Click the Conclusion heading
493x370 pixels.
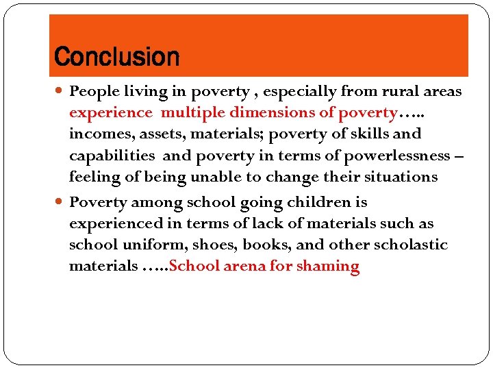tap(116, 57)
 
